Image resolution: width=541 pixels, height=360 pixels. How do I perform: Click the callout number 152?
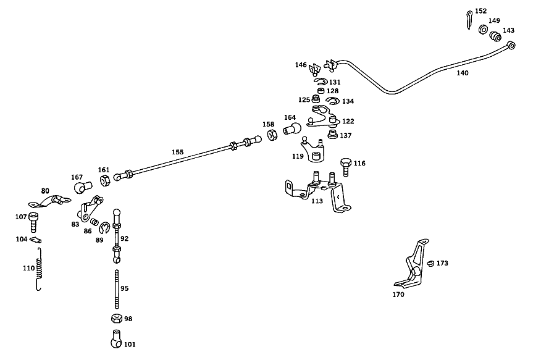click(x=480, y=11)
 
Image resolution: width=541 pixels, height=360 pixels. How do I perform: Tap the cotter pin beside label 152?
click(x=469, y=20)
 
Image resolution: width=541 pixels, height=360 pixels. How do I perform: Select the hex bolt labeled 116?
click(x=346, y=167)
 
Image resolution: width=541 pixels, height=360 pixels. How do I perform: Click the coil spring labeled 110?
click(x=40, y=269)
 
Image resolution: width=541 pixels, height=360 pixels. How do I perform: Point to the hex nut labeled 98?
click(x=117, y=318)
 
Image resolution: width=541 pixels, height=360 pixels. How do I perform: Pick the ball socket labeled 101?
click(x=116, y=339)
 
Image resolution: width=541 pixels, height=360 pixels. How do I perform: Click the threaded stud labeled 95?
click(x=117, y=289)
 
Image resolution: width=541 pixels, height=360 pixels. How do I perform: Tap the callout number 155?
click(x=178, y=152)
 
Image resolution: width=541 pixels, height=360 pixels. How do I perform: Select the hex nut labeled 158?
click(x=272, y=135)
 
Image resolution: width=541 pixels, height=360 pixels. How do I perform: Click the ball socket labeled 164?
click(x=292, y=129)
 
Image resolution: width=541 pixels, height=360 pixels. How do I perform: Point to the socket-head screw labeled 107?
click(x=33, y=222)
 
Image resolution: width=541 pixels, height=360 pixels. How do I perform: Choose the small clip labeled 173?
click(x=430, y=264)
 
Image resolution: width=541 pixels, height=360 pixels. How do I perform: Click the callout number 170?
click(x=398, y=295)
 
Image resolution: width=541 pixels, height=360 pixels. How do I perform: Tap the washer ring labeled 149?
click(x=484, y=30)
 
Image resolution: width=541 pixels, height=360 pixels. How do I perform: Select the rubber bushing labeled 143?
click(x=495, y=36)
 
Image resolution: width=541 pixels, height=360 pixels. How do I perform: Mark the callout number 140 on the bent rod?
click(x=463, y=73)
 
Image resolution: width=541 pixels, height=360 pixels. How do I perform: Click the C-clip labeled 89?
click(x=104, y=228)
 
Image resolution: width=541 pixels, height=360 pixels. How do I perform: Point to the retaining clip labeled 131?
click(x=321, y=82)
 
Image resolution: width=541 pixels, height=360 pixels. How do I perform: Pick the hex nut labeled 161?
click(x=105, y=180)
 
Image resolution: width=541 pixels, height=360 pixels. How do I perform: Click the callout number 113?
click(x=317, y=201)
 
